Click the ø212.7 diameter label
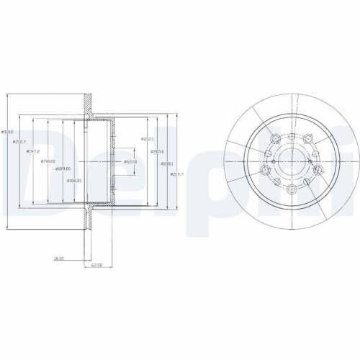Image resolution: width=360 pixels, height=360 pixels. coord(19,142)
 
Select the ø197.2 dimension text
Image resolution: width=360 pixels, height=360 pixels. coord(32,152)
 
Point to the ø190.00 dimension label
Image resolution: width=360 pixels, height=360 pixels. coord(48,161)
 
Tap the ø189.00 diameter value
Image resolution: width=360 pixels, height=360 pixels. coord(63,170)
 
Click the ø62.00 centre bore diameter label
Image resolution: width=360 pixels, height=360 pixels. coord(130,162)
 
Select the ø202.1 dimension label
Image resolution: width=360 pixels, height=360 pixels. coord(148,139)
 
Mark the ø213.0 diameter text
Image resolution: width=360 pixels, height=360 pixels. coord(157,151)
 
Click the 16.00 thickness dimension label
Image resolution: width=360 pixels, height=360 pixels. coord(60,256)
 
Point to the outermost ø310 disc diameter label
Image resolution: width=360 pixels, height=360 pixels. coord(8,132)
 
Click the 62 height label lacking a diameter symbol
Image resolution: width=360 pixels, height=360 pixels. coord(96,264)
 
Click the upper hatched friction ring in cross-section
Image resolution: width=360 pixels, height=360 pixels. coord(89,104)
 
